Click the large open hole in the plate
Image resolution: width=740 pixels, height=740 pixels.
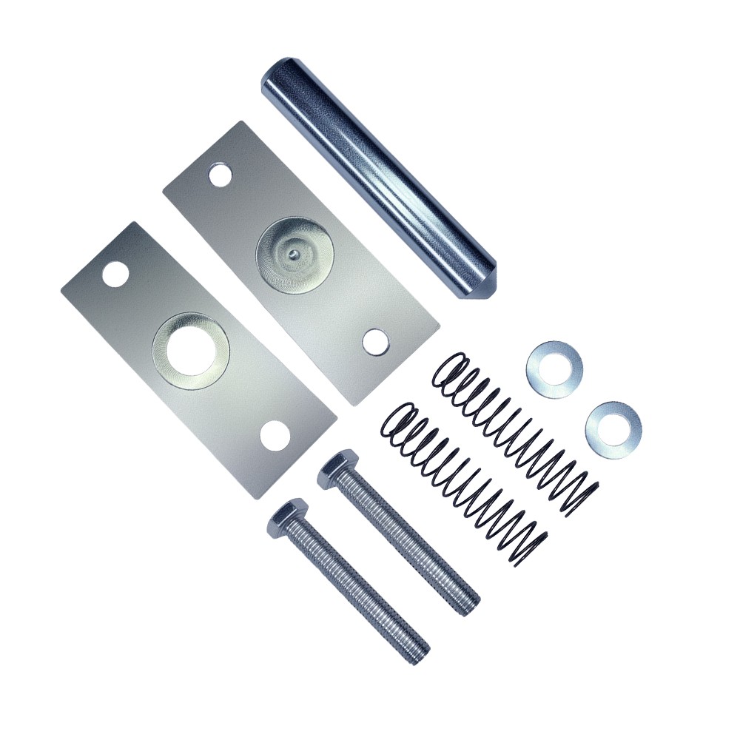[191, 350]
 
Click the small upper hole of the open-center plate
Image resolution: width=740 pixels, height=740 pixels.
[115, 274]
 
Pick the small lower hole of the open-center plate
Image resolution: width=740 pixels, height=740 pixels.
[275, 436]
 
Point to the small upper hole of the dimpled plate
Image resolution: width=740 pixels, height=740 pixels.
[220, 175]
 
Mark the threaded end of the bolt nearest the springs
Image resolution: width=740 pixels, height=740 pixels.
[467, 603]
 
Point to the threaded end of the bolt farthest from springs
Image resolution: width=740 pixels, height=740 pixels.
[418, 651]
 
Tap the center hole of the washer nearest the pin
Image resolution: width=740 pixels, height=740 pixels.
[554, 369]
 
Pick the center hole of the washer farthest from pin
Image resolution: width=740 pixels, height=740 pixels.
[613, 428]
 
